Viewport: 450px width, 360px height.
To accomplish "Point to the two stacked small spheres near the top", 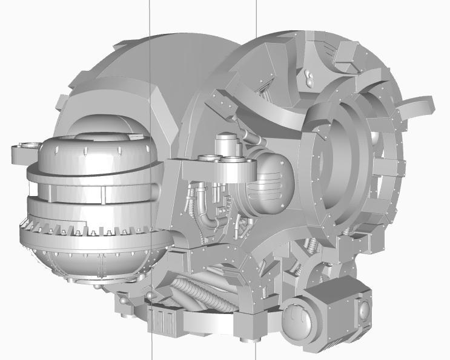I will (310, 77).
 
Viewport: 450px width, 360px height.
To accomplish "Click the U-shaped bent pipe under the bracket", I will (209, 218).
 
